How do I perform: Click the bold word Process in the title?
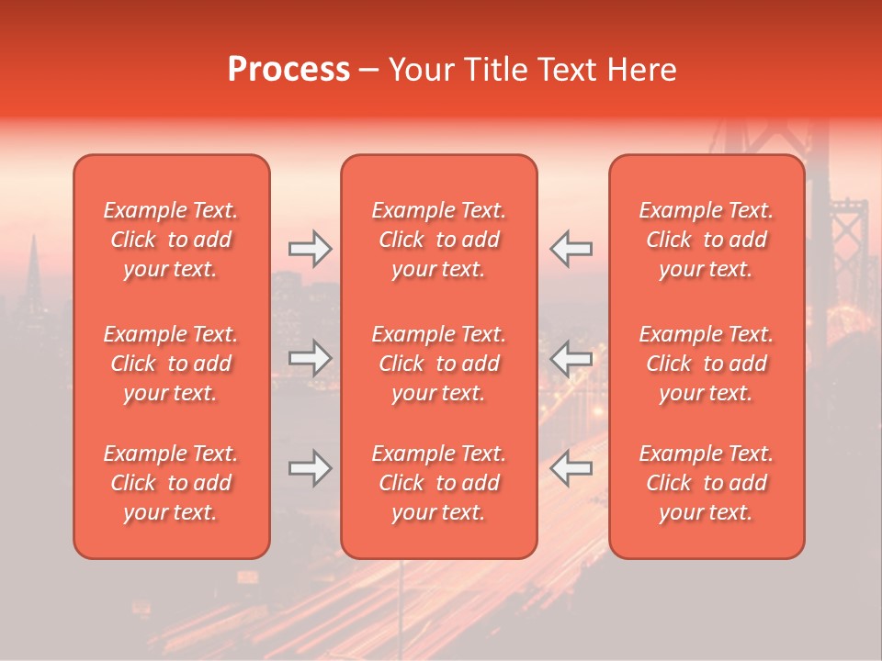click(288, 70)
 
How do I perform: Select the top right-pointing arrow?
click(310, 248)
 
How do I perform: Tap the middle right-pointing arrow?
click(310, 358)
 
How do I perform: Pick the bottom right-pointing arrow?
click(310, 469)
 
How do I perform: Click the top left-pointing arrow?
click(571, 248)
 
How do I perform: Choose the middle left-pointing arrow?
click(571, 358)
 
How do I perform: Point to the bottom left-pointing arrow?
click(571, 469)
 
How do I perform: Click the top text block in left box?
click(171, 240)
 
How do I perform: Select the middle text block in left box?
click(171, 364)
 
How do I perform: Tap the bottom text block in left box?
click(171, 483)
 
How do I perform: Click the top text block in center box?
click(438, 240)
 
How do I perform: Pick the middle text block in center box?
click(438, 364)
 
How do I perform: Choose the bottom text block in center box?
click(438, 483)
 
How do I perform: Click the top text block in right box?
click(706, 240)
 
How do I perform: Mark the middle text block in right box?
click(706, 364)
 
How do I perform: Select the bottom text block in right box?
click(706, 483)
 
